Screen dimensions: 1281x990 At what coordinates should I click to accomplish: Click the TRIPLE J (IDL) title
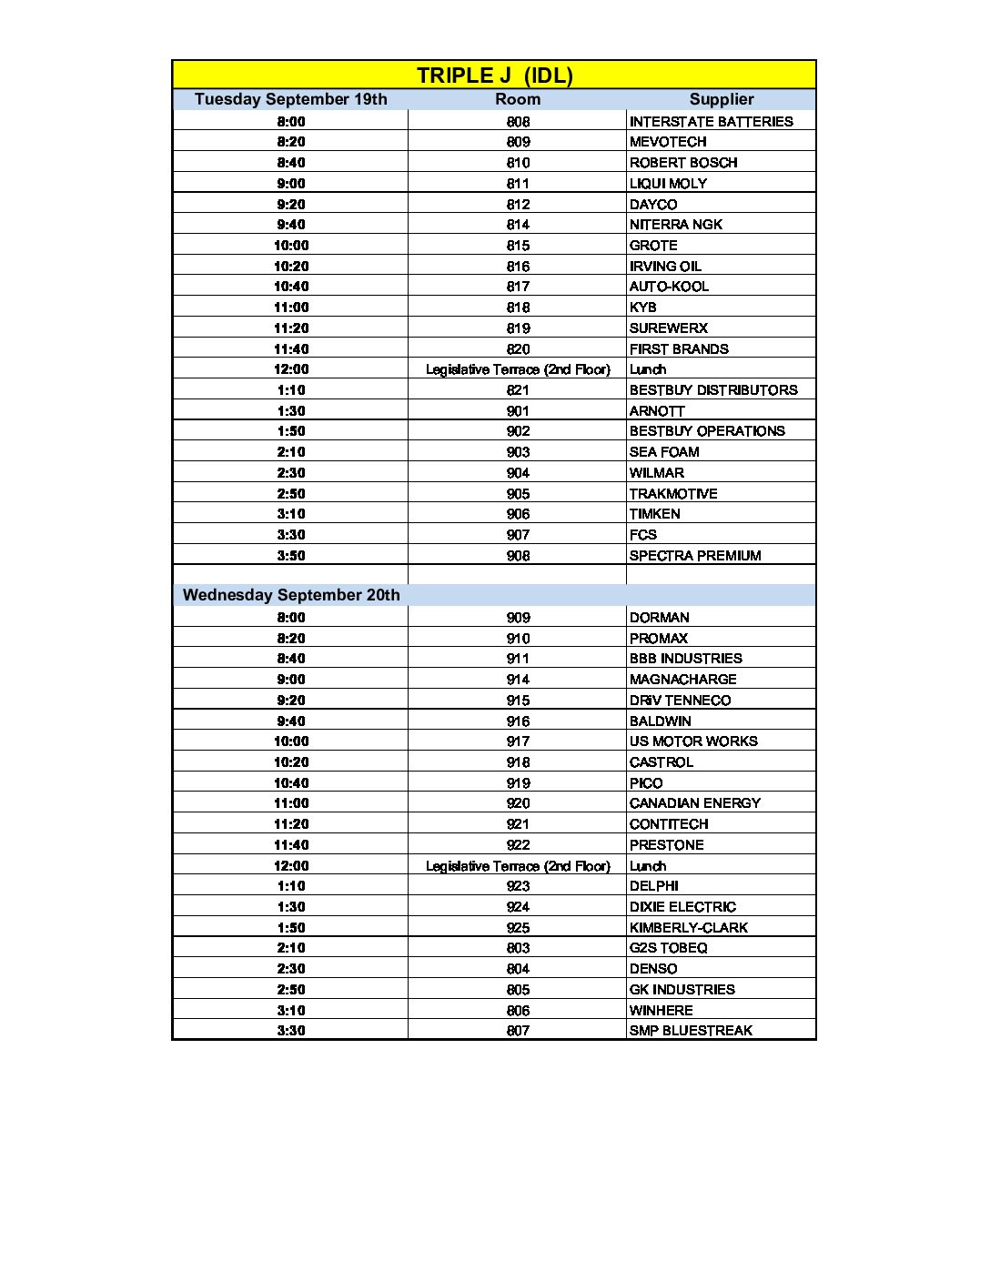coord(494,76)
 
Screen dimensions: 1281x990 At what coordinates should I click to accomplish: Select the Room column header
coord(518,99)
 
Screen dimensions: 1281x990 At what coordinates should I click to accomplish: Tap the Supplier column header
coord(721,99)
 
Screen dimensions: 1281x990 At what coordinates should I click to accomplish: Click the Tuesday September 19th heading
coord(290,99)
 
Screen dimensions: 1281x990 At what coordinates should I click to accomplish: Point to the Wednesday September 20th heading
coord(291,595)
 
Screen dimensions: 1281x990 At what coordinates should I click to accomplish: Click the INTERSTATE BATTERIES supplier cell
coord(711,121)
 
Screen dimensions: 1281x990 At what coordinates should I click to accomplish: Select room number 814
coord(518,225)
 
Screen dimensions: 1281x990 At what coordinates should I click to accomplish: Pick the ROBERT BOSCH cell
coord(683,163)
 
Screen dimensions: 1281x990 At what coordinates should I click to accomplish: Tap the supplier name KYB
coord(642,308)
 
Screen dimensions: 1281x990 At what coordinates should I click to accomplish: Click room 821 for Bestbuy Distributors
coord(518,390)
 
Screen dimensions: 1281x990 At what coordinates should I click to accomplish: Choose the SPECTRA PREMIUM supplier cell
coord(695,556)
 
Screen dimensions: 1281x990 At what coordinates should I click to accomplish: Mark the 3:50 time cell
coord(291,556)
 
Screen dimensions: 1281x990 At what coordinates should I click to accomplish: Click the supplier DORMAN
coord(659,618)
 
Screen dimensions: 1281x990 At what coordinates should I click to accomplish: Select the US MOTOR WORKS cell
coord(693,741)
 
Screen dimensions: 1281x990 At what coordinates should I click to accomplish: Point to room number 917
coord(518,741)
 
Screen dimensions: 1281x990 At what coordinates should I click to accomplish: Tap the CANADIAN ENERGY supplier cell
coord(694,803)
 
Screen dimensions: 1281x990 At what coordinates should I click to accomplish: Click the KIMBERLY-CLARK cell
coord(688,928)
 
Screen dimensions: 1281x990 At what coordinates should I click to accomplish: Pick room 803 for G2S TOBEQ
coord(518,948)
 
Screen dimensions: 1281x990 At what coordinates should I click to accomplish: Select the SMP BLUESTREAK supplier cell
coord(691,1031)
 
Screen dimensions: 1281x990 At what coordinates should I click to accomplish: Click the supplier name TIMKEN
coord(654,514)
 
